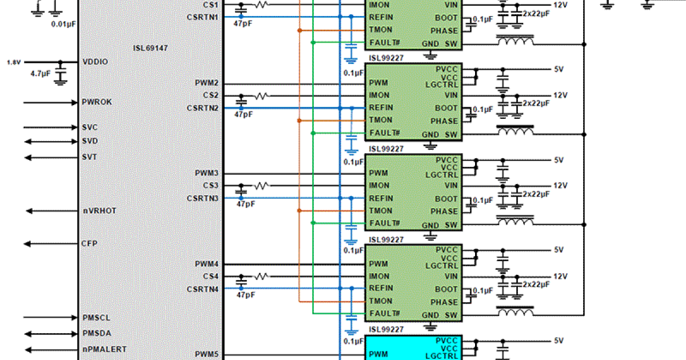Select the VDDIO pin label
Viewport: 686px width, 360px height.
95,62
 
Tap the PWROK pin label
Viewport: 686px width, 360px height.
97,102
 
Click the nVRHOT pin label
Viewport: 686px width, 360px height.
99,211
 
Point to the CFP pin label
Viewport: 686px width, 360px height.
90,243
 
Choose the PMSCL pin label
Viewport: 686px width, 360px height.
96,318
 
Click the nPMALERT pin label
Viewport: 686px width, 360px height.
104,349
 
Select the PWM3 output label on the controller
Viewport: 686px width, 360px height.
206,173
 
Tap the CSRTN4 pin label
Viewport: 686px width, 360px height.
202,289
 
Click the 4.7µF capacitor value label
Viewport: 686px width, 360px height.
41,74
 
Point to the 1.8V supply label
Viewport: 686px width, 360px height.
13,62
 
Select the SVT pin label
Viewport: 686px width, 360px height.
89,157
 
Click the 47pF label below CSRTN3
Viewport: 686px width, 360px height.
246,204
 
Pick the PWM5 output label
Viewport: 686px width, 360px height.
206,354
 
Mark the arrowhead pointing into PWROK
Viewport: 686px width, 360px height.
74,103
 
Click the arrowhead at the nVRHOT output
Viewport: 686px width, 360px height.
28,211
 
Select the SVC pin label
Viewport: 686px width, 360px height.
89,127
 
